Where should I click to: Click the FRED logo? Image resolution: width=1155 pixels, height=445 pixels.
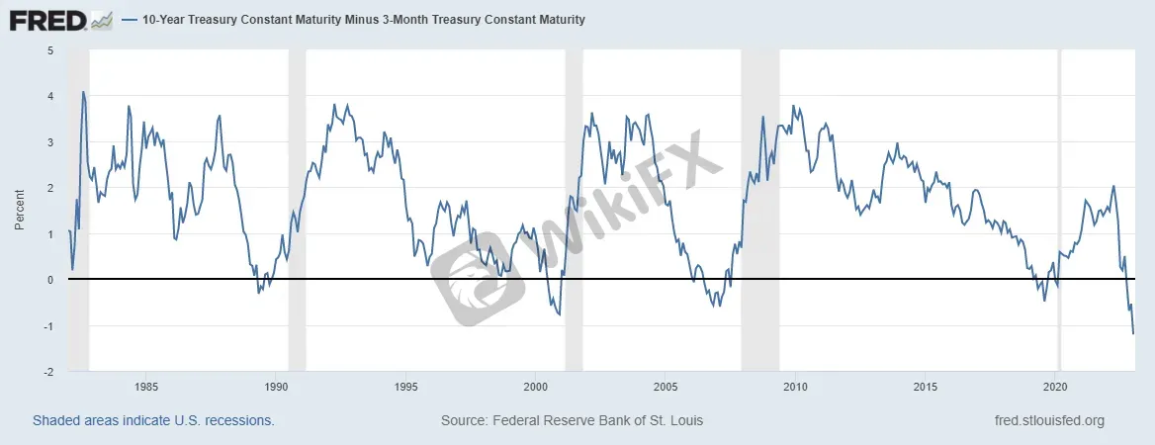tap(59, 20)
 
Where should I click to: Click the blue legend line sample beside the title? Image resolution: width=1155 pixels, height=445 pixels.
tap(131, 20)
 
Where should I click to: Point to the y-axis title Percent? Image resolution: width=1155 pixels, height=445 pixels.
tap(19, 210)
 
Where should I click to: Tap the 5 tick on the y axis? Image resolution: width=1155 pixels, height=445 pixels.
tap(50, 50)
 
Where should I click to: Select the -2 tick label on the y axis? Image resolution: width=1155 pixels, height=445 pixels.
tap(48, 372)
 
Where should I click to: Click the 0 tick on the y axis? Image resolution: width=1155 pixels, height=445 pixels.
tap(50, 280)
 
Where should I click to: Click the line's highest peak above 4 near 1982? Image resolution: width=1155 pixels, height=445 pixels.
tap(83, 92)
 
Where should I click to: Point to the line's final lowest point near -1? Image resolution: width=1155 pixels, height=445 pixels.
tap(1133, 334)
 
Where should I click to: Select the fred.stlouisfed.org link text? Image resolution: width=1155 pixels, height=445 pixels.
tap(1049, 420)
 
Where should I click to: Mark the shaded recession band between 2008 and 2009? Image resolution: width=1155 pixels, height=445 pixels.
tap(760, 210)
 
